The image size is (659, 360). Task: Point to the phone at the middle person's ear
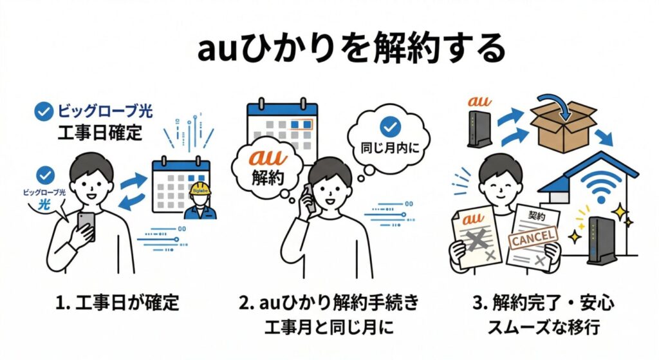310,197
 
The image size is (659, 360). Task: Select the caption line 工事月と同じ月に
329,327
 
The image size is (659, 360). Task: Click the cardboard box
562,129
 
